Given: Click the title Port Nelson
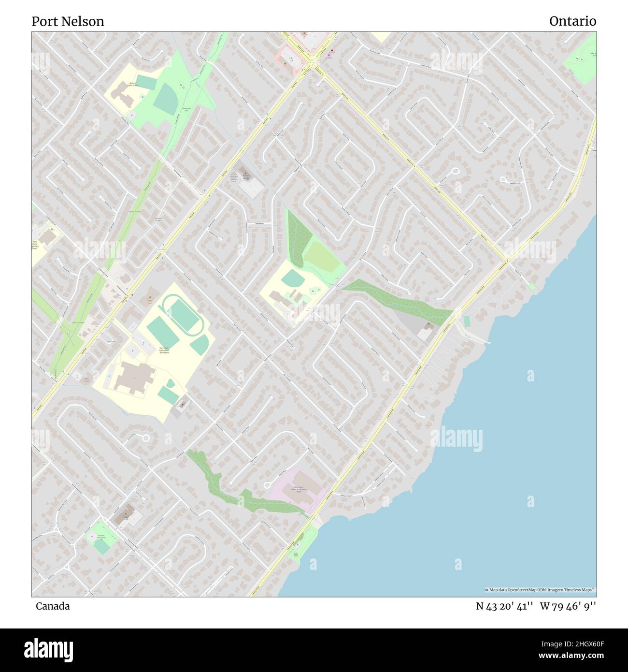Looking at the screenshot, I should tap(68, 21).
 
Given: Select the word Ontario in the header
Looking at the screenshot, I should tap(572, 21).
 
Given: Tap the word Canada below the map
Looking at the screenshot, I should tap(52, 606).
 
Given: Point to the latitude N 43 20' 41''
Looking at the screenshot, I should tap(504, 606).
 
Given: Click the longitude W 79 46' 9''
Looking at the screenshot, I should tap(568, 606).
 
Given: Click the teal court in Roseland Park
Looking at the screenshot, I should tap(101, 546).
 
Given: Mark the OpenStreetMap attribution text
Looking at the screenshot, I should tap(540, 590).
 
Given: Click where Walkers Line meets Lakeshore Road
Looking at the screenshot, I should tap(507, 261).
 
